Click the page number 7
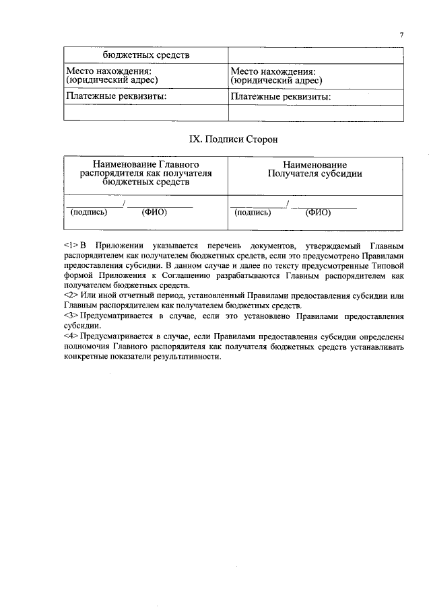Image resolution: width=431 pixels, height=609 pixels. (x=401, y=35)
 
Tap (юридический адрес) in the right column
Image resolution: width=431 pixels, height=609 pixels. (x=275, y=80)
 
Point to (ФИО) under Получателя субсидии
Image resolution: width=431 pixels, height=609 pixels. (x=318, y=212)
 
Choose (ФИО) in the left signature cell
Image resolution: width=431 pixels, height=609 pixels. (x=154, y=212)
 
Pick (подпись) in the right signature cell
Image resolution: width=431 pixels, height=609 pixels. (x=253, y=212)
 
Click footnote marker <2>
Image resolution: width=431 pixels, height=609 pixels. (x=72, y=295)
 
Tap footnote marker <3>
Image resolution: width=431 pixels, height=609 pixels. (x=72, y=315)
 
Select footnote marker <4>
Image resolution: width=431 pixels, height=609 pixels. (x=72, y=335)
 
